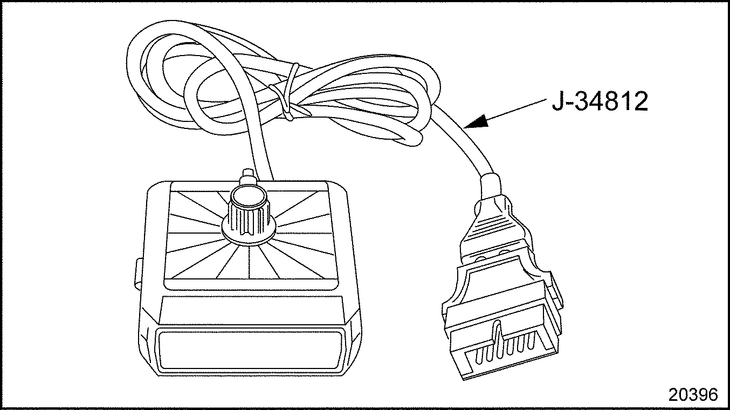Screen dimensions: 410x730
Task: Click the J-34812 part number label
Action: pos(600,101)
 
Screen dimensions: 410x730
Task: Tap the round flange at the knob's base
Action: pos(249,235)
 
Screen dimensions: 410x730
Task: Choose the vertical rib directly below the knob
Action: pos(249,264)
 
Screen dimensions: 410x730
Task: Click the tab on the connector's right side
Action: pos(555,291)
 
